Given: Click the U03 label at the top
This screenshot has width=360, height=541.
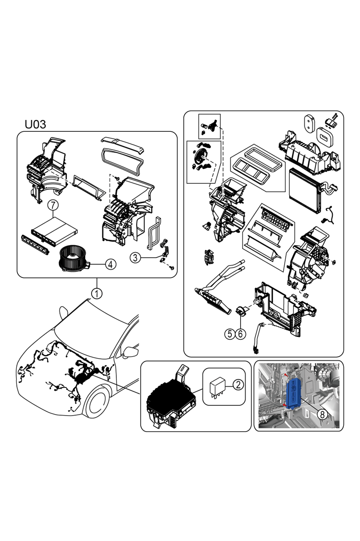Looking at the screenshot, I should click(35, 124).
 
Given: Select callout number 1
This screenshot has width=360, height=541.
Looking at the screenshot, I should click(97, 293).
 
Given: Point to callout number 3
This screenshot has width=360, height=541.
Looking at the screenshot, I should click(135, 257).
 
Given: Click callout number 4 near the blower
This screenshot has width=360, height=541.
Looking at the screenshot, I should click(110, 265).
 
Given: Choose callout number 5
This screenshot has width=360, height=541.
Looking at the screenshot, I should click(229, 334).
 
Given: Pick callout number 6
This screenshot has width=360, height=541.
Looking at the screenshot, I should click(241, 334).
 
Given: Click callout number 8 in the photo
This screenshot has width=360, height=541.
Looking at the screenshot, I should click(322, 415).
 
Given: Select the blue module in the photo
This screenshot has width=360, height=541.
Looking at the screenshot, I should click(297, 394).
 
